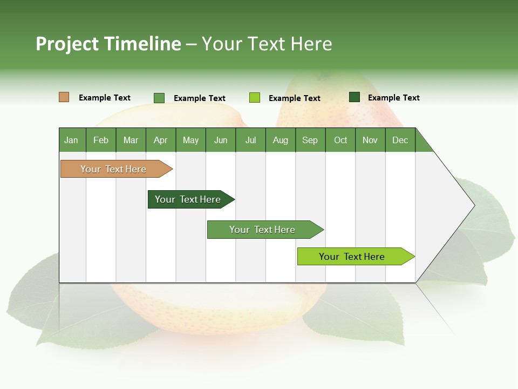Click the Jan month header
(x=72, y=140)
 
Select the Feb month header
(x=101, y=140)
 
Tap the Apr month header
(x=160, y=140)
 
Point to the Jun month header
(x=221, y=140)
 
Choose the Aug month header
(x=281, y=140)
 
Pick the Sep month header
(x=310, y=140)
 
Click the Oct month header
(x=340, y=140)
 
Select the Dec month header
(x=400, y=140)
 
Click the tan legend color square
(x=64, y=97)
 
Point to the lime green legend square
(x=255, y=98)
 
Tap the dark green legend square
(x=355, y=97)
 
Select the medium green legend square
(x=159, y=98)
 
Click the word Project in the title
(x=67, y=44)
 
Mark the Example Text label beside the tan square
(x=105, y=98)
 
